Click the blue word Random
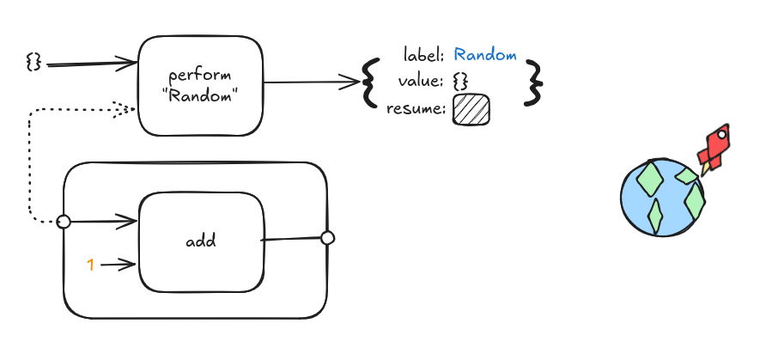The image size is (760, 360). (485, 55)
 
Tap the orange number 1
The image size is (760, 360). (90, 265)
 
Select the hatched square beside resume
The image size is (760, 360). (471, 109)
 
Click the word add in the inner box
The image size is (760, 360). (201, 241)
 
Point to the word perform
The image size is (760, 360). (200, 76)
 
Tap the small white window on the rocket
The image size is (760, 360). (721, 134)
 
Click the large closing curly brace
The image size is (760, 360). (533, 83)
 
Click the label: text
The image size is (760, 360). (424, 55)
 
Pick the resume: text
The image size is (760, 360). (416, 109)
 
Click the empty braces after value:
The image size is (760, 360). (460, 82)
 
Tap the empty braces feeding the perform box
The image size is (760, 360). (33, 63)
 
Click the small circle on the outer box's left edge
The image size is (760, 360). (64, 222)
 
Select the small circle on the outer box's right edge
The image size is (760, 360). (328, 238)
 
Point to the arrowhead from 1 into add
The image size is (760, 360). (129, 265)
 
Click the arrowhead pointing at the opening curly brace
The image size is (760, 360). (350, 82)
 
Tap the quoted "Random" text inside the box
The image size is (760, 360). (201, 96)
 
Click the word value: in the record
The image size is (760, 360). (421, 82)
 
